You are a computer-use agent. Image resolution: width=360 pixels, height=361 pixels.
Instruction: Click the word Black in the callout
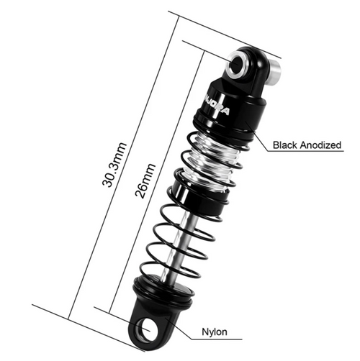(x=285, y=145)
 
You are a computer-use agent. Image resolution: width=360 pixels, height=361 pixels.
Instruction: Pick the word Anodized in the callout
(x=320, y=145)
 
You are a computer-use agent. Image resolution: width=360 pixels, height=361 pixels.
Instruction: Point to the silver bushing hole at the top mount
(x=238, y=66)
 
